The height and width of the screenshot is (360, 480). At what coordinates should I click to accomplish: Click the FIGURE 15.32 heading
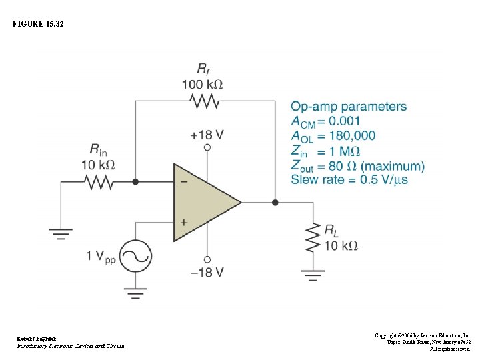(x=39, y=24)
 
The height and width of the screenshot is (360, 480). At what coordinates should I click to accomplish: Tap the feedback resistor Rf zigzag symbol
(x=204, y=101)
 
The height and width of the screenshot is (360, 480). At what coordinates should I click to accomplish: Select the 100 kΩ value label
(x=202, y=85)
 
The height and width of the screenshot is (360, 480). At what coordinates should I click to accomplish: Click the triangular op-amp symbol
(x=203, y=202)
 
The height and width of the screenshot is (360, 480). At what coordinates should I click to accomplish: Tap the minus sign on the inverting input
(x=183, y=181)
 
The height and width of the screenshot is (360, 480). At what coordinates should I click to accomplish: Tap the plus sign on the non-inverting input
(x=183, y=222)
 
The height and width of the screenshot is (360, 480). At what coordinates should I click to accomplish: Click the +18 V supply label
(x=207, y=135)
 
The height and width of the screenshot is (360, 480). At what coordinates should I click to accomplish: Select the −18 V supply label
(x=207, y=272)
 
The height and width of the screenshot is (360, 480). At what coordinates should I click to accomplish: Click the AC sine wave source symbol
(x=135, y=256)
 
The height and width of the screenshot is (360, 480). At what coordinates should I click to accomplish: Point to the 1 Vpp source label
(x=101, y=256)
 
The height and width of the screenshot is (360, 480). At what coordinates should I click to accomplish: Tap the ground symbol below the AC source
(x=135, y=291)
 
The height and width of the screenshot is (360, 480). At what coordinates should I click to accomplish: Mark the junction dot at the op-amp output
(x=275, y=202)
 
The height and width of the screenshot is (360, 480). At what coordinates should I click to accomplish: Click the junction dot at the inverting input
(x=135, y=181)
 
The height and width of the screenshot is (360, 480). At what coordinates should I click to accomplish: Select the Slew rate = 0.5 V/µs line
(x=349, y=179)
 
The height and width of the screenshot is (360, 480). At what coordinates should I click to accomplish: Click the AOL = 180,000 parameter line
(x=333, y=136)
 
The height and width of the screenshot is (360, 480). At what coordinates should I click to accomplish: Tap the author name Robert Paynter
(x=37, y=339)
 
